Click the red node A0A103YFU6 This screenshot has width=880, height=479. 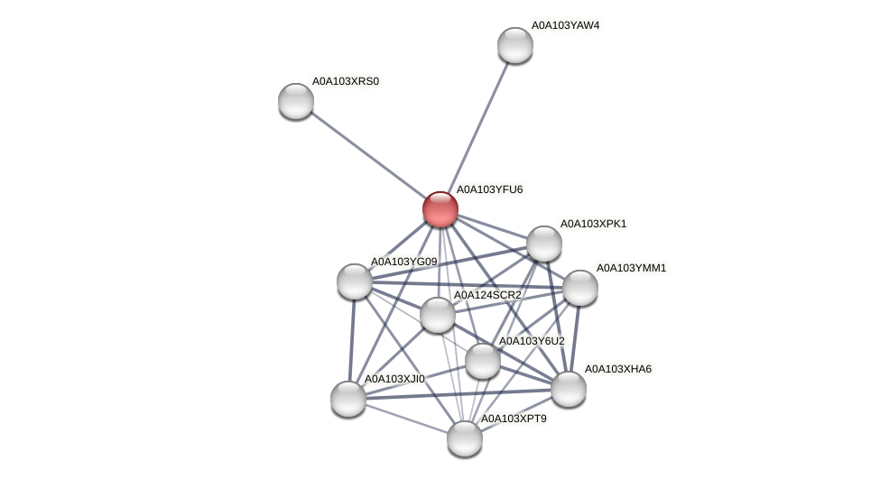(x=440, y=209)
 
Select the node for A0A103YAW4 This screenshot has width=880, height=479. (x=515, y=45)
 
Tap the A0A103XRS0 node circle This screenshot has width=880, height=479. (x=296, y=101)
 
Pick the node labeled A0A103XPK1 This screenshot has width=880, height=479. (x=544, y=244)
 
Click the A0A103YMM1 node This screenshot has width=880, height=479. (x=580, y=288)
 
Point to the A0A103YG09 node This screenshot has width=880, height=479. (x=355, y=281)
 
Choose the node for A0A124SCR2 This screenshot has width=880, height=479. (x=438, y=315)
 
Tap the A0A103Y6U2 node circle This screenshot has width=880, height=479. (x=483, y=361)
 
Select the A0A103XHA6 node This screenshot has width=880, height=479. (x=569, y=389)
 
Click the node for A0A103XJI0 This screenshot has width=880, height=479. (x=348, y=399)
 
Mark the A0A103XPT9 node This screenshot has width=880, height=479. (x=465, y=438)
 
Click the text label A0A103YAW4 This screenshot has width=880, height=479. (x=565, y=25)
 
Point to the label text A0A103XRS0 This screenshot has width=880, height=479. (x=346, y=81)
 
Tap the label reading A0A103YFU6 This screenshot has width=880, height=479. (x=489, y=189)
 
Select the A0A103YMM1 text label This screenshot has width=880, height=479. (x=631, y=268)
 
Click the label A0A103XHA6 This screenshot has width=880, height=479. (x=618, y=369)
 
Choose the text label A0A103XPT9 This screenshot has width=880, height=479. (x=514, y=419)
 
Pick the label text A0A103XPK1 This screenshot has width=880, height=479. (x=593, y=224)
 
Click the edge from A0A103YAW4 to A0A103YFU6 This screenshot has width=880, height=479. (x=478, y=126)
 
